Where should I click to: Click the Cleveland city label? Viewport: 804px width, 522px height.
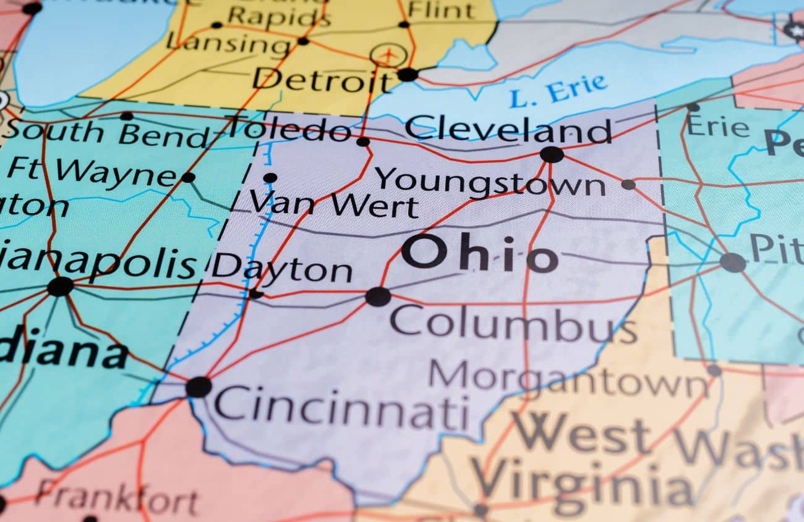coord(508,130)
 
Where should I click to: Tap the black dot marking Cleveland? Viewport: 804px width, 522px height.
coord(551,154)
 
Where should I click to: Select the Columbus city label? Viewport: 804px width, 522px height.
coord(513,325)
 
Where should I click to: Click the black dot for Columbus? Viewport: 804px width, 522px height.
coord(378,297)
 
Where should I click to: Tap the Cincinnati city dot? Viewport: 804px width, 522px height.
coord(199,387)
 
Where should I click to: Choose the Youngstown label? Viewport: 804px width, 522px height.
coord(490,183)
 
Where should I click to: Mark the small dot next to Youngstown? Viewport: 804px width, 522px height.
coord(628,184)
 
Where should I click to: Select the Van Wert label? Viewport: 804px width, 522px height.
coord(334,204)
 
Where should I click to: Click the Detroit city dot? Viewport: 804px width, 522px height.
coord(407,75)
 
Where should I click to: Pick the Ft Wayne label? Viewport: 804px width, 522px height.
coord(93,171)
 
